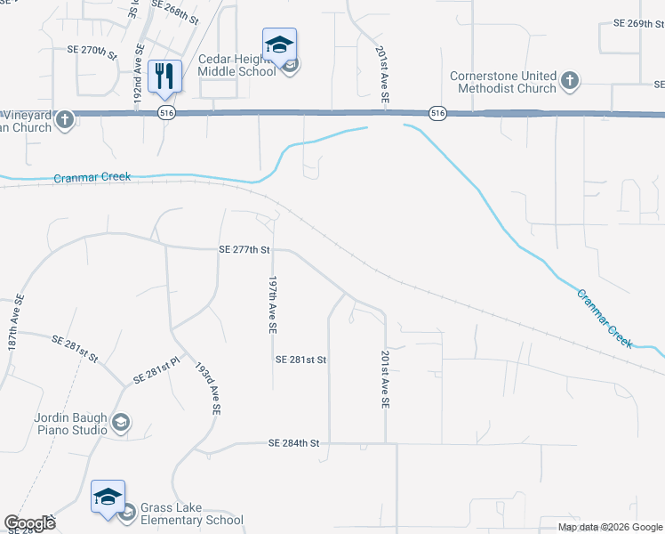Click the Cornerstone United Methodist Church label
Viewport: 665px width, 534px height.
point(503,82)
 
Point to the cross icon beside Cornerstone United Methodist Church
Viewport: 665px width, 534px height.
point(570,82)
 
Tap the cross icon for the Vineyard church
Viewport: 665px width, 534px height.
point(64,120)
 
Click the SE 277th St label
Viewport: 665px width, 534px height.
point(244,251)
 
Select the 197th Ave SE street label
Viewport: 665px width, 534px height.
point(271,303)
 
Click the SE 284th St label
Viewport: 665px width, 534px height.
point(293,442)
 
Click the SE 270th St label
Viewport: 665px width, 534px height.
point(92,52)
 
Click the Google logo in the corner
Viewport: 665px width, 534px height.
point(29,523)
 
